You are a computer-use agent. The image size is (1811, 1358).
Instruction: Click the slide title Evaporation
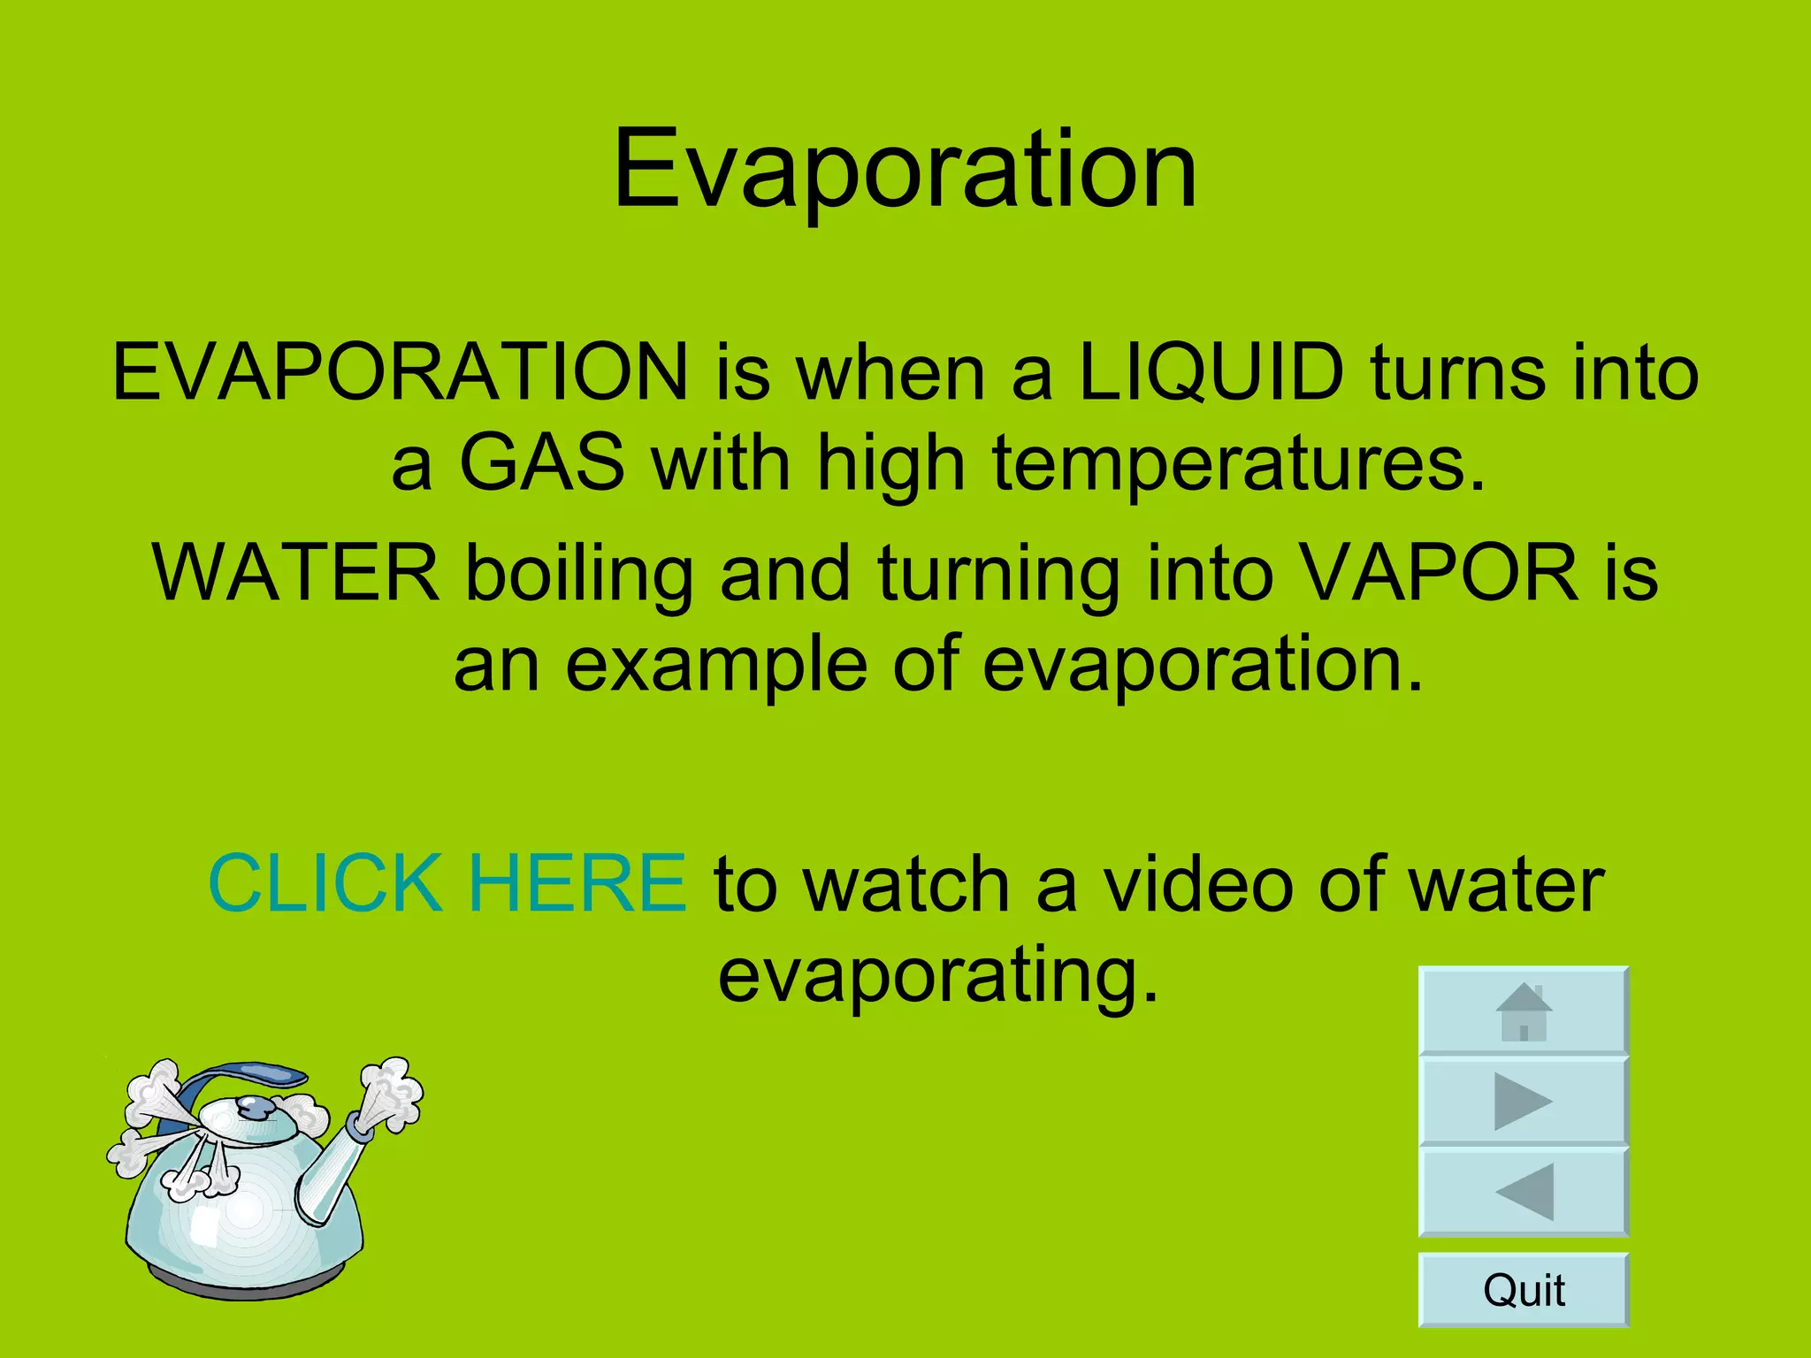pos(905,170)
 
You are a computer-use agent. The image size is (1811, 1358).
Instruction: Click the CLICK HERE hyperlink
pos(447,883)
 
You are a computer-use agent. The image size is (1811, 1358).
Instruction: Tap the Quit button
pos(1523,1290)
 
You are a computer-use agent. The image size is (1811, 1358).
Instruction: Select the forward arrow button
pos(1523,1102)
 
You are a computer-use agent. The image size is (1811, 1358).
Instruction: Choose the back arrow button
pos(1523,1192)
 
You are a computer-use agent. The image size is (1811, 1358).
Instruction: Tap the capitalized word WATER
pos(296,573)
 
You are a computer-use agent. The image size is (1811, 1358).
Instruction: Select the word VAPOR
pos(1440,573)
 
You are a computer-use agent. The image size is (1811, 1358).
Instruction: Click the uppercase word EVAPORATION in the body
pos(400,372)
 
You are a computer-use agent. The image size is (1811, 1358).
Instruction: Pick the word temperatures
pos(1238,464)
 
